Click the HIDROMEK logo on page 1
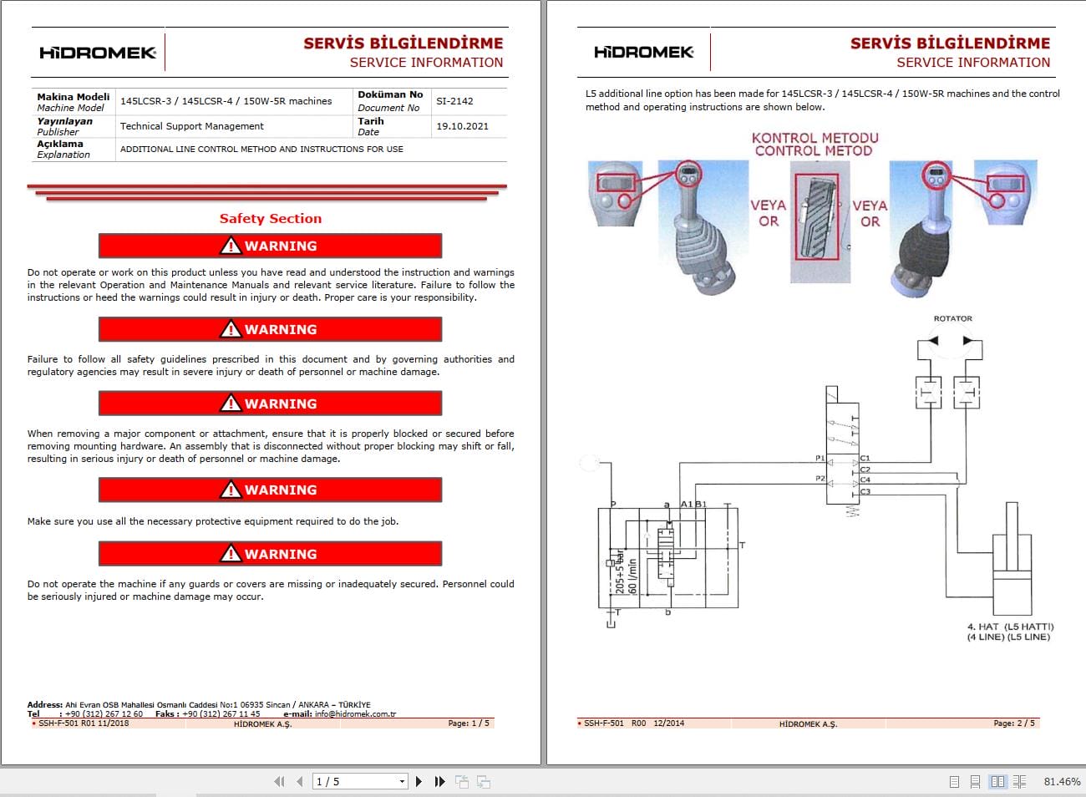[x=98, y=53]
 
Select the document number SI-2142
[x=454, y=101]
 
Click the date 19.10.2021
[x=462, y=126]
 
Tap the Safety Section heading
[x=270, y=219]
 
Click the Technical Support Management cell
[x=191, y=126]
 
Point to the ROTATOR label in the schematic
[x=952, y=318]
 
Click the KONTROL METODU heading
[x=814, y=138]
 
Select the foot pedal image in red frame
[x=816, y=217]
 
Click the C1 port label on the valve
[x=865, y=458]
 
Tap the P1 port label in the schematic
[x=820, y=458]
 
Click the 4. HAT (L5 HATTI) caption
[x=1010, y=627]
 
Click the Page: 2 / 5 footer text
[x=1013, y=723]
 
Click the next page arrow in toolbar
[x=419, y=782]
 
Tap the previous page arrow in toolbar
[x=299, y=782]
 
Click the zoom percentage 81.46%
[x=1062, y=782]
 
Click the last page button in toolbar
[x=440, y=782]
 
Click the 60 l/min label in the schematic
[x=632, y=576]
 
